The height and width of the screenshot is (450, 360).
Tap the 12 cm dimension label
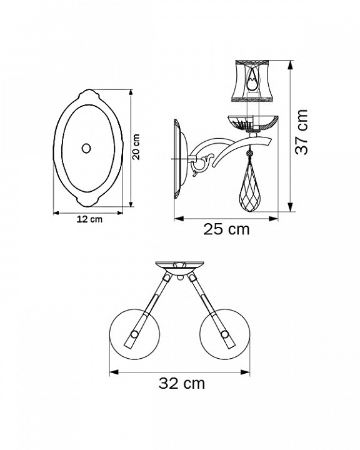click(89, 219)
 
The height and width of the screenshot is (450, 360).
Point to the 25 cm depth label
click(226, 229)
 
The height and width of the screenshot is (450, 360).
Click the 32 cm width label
click(181, 383)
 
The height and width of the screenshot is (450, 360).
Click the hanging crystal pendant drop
click(251, 185)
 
